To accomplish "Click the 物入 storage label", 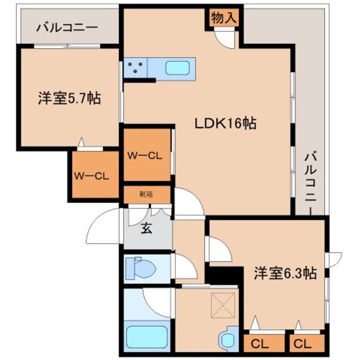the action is point(224,18).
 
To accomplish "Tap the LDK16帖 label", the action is point(225,123).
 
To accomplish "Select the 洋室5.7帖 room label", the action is point(69,98).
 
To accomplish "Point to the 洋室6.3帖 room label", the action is point(285,273).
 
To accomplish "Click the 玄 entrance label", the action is point(146,228).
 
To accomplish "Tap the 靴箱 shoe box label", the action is point(146,194).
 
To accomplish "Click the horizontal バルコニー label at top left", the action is point(67,27).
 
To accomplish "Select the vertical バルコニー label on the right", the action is point(310,183).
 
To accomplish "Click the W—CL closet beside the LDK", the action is point(145,156).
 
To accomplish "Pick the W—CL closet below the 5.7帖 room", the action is point(91,176).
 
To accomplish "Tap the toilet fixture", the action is point(140,268).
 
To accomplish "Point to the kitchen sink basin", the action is point(177,68).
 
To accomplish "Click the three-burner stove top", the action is point(135,67).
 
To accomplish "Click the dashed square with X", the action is point(223,305).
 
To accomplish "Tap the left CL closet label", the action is point(259,344).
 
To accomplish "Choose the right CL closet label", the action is point(302,344).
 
